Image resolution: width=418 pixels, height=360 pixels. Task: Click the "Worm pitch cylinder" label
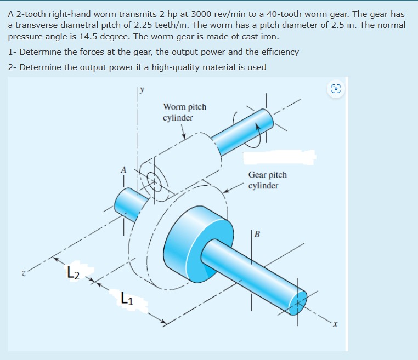[184, 112]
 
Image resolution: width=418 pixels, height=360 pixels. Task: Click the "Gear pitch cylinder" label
[267, 180]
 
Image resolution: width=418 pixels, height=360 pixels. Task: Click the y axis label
[142, 91]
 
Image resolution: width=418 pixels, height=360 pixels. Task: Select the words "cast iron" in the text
[261, 37]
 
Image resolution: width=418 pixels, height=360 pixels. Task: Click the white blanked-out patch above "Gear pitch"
[279, 158]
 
